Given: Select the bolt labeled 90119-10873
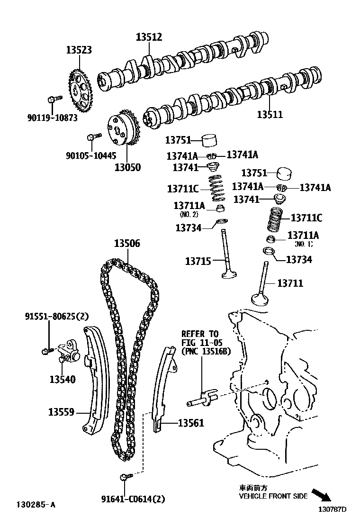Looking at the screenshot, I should pyautogui.click(x=54, y=100).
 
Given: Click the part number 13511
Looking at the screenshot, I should pyautogui.click(x=270, y=114).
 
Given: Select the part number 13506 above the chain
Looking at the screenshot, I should pyautogui.click(x=126, y=244).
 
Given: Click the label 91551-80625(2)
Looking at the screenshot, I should pyautogui.click(x=57, y=316).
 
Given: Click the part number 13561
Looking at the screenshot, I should pyautogui.click(x=191, y=423).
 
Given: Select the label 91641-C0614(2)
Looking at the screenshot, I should pyautogui.click(x=134, y=499).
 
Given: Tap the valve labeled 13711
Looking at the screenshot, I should pyautogui.click(x=261, y=284).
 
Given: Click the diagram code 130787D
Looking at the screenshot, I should pyautogui.click(x=332, y=510).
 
